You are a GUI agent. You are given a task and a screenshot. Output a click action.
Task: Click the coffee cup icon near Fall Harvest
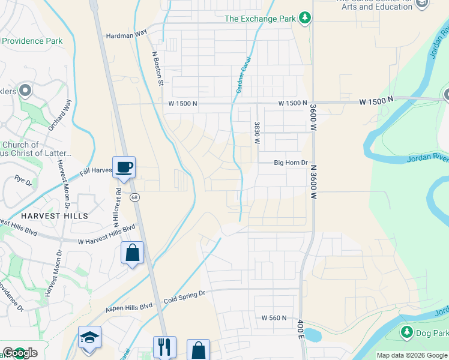124,167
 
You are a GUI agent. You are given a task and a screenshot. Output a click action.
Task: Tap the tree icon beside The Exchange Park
305,18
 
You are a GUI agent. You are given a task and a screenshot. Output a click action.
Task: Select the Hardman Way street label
126,35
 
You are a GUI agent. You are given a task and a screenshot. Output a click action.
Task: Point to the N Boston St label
157,67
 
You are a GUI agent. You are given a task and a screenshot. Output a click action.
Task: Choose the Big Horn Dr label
291,163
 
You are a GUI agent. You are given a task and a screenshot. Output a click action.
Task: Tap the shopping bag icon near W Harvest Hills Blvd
132,252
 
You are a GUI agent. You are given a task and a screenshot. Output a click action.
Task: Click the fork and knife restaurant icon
164,347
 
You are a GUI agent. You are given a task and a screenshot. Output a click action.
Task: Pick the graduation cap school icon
89,337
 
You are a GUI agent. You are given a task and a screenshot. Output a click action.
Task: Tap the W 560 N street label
274,317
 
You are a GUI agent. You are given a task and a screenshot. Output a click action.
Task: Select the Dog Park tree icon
407,332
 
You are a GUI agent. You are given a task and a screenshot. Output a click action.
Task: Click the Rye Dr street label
23,179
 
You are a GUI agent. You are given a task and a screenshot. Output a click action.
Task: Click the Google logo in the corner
20,353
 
